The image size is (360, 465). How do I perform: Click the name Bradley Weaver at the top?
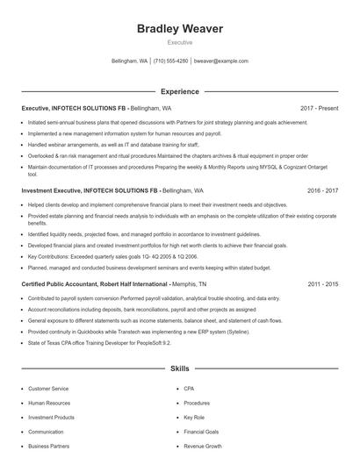180,29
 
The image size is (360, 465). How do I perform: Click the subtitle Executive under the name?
180,43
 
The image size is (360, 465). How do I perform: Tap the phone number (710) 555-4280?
171,61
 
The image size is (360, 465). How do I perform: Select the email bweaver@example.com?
221,61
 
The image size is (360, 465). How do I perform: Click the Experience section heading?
180,90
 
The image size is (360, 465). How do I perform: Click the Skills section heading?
180,370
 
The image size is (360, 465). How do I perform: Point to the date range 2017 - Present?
319,108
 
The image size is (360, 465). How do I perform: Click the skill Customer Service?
48,388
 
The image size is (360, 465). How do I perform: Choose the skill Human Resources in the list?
49,403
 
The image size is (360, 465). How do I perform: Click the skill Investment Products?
52,418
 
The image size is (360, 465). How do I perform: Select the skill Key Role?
194,418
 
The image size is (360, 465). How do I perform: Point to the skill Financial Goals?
201,432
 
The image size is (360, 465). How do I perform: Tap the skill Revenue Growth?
203,447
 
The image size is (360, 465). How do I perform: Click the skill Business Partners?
49,447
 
